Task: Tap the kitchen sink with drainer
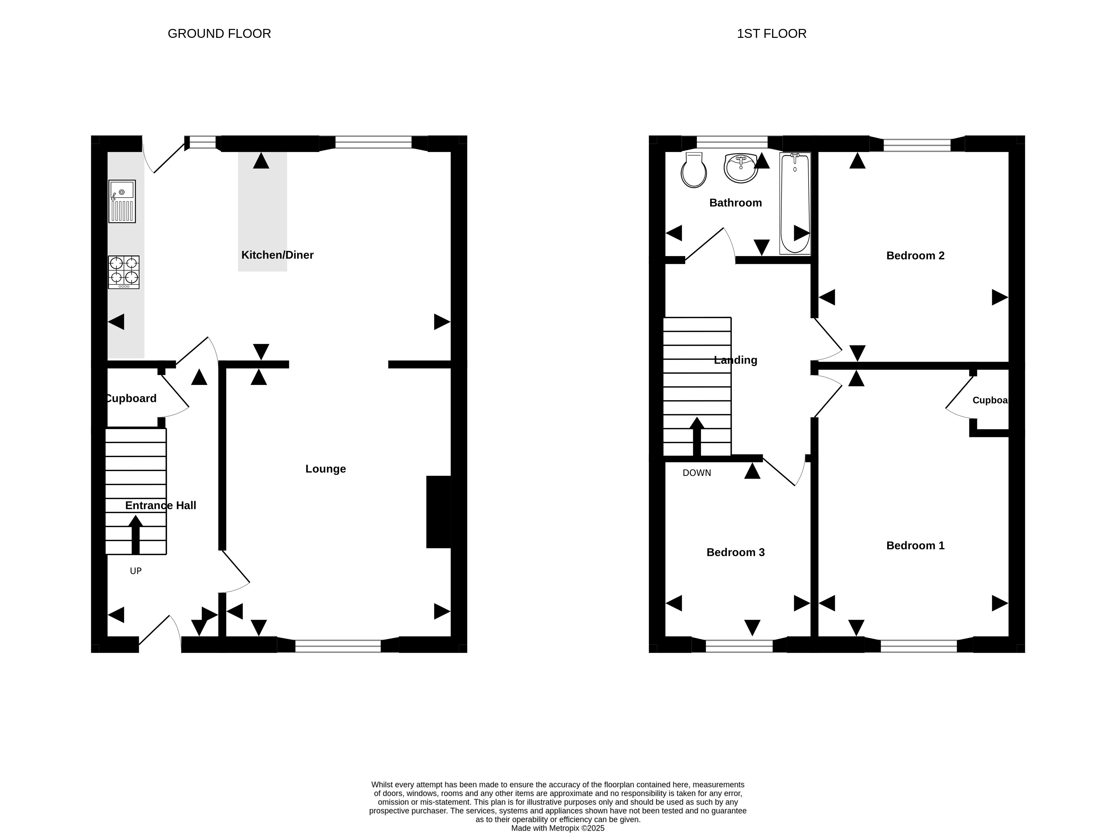tap(122, 202)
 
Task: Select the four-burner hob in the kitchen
tap(123, 272)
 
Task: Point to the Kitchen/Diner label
tap(277, 255)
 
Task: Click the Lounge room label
tap(326, 469)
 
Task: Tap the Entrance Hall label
tap(160, 505)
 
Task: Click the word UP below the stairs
tap(136, 571)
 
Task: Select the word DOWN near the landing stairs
tap(697, 473)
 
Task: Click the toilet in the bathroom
tap(694, 170)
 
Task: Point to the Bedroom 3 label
tap(736, 552)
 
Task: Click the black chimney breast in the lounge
tap(439, 512)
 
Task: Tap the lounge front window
tap(338, 646)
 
